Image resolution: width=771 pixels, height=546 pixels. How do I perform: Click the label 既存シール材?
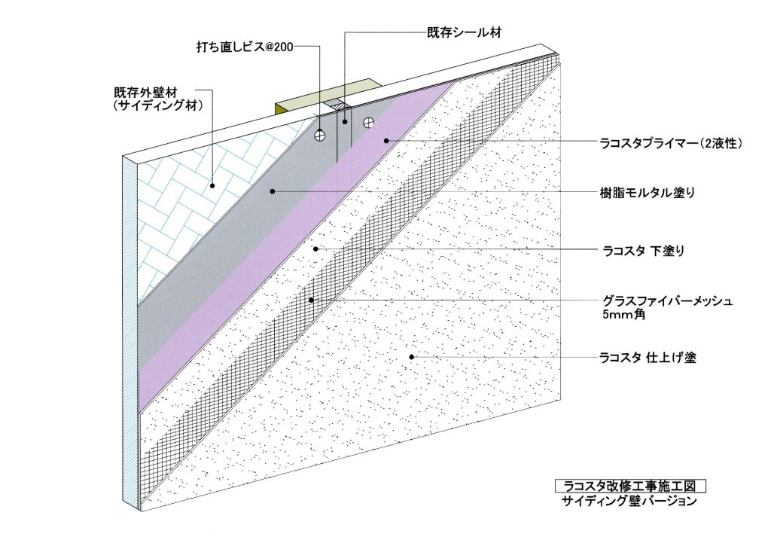[x=464, y=33]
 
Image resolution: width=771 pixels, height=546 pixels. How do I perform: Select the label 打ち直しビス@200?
[x=245, y=47]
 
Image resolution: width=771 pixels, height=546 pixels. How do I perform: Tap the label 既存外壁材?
[x=145, y=92]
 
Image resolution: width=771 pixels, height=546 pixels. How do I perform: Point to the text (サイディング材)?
[x=157, y=105]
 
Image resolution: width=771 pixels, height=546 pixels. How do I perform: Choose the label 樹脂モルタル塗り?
[x=648, y=192]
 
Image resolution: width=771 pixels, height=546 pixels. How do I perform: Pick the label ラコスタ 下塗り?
[x=643, y=251]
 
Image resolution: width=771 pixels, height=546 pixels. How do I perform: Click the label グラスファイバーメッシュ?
[x=668, y=300]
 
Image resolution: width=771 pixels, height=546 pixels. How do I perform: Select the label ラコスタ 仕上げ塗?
[x=648, y=358]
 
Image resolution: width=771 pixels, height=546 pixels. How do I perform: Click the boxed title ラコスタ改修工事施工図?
[x=630, y=487]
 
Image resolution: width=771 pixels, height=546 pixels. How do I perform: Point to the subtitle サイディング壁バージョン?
[x=629, y=502]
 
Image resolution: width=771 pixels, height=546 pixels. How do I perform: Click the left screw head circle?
[x=320, y=134]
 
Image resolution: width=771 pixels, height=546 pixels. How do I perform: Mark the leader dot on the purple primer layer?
[x=386, y=141]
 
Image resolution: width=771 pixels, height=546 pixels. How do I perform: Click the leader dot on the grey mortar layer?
[x=272, y=191]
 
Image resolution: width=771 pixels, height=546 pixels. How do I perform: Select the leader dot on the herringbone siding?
[x=212, y=185]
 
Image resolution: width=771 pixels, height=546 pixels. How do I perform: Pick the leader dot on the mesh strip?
[x=311, y=300]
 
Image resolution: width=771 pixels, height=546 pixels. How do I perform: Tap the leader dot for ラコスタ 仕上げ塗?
[x=412, y=357]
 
